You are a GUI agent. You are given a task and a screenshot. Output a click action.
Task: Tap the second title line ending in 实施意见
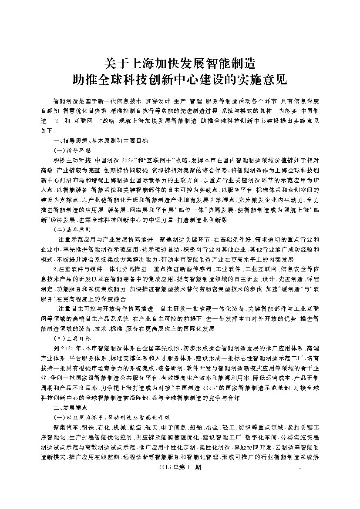180,80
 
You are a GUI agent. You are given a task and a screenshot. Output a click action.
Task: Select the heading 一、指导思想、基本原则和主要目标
101,141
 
